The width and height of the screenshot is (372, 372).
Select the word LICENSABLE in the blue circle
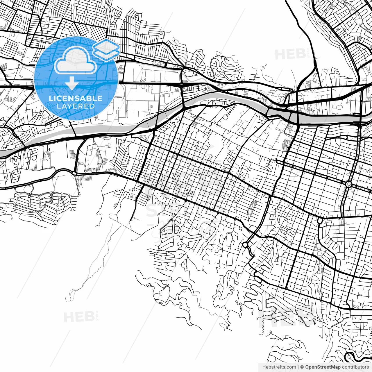pos(76,98)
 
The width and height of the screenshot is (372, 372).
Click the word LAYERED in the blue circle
pos(76,106)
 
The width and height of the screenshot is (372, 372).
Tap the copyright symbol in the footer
pos(302,367)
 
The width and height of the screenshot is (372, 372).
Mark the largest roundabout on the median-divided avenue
pos(349,184)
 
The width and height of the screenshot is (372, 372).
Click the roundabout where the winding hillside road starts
pos(245,245)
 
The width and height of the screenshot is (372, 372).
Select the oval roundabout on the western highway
pos(74,173)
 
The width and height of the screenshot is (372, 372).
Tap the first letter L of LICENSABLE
pos(51,98)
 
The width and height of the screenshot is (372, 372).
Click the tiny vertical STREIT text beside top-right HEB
pos(308,54)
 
